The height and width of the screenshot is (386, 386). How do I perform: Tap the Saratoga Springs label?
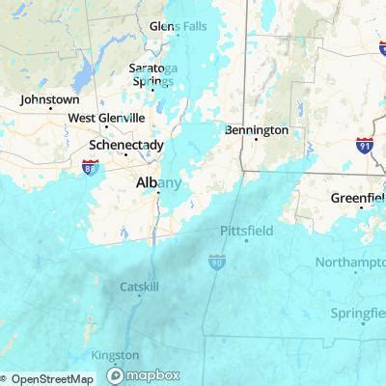tap(154, 74)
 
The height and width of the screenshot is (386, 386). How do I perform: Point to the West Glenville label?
tap(106, 118)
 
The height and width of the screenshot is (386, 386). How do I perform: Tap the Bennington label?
tap(257, 128)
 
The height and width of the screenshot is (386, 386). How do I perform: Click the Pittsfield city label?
tap(246, 232)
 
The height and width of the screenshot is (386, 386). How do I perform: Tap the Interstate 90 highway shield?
tap(216, 261)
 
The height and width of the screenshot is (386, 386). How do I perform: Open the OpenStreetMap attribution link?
tap(53, 378)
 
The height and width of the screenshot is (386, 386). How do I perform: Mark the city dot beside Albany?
tap(157, 193)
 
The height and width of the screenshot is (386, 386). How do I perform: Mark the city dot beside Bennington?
tap(254, 141)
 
